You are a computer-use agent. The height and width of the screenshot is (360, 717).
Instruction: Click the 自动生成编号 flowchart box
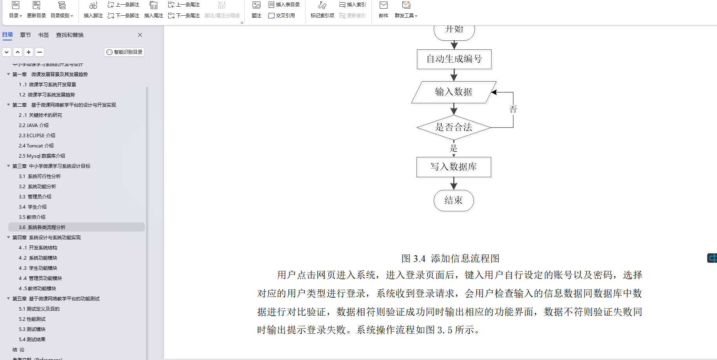pos(454,59)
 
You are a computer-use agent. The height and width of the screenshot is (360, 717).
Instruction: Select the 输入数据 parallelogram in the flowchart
pos(453,92)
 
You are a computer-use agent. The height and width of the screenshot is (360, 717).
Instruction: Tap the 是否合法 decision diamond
pos(453,127)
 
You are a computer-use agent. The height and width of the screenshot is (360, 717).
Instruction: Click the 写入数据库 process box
pos(453,167)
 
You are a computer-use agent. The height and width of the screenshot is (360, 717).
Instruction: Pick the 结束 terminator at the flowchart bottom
pos(453,201)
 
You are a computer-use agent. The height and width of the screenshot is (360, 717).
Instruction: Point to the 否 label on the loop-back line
pos(513,109)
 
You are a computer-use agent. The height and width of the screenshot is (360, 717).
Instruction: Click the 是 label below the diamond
pos(453,148)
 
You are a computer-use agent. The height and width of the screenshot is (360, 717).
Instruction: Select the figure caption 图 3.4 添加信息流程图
pos(450,258)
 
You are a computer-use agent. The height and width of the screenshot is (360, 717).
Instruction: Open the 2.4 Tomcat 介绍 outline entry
pos(36,146)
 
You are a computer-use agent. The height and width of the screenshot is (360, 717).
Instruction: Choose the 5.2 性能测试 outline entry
pos(32,319)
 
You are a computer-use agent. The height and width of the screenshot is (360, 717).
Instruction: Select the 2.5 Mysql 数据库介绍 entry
pos(42,156)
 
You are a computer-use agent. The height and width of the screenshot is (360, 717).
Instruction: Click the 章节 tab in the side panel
pos(25,35)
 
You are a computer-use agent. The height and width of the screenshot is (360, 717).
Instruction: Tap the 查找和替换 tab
pos(70,35)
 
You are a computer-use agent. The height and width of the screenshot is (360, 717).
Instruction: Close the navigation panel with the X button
pos(140,35)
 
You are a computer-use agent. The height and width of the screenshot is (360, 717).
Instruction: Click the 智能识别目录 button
pos(124,52)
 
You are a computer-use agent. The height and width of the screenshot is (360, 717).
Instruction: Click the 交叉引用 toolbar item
pos(282,16)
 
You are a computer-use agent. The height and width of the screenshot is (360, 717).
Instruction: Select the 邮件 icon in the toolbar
pos(384,9)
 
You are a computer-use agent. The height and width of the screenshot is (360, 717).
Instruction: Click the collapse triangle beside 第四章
pos(9,237)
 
